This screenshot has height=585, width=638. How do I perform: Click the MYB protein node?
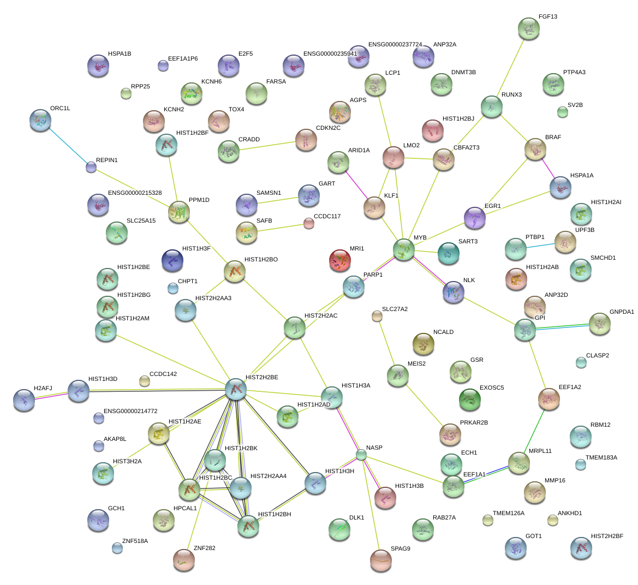click(x=404, y=250)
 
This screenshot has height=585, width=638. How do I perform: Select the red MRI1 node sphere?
click(x=341, y=261)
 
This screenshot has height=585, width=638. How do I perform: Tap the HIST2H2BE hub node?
click(x=236, y=389)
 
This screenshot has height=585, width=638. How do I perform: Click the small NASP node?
click(x=361, y=455)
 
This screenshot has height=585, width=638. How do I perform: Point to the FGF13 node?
click(x=528, y=28)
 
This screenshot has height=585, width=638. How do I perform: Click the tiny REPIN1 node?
click(x=91, y=167)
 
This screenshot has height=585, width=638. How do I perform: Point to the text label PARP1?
click(x=373, y=274)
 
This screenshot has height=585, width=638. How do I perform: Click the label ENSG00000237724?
click(x=395, y=44)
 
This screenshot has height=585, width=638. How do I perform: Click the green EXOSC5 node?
click(x=470, y=399)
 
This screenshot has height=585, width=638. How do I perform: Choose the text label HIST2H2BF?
click(x=606, y=536)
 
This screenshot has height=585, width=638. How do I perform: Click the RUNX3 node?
click(x=492, y=107)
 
